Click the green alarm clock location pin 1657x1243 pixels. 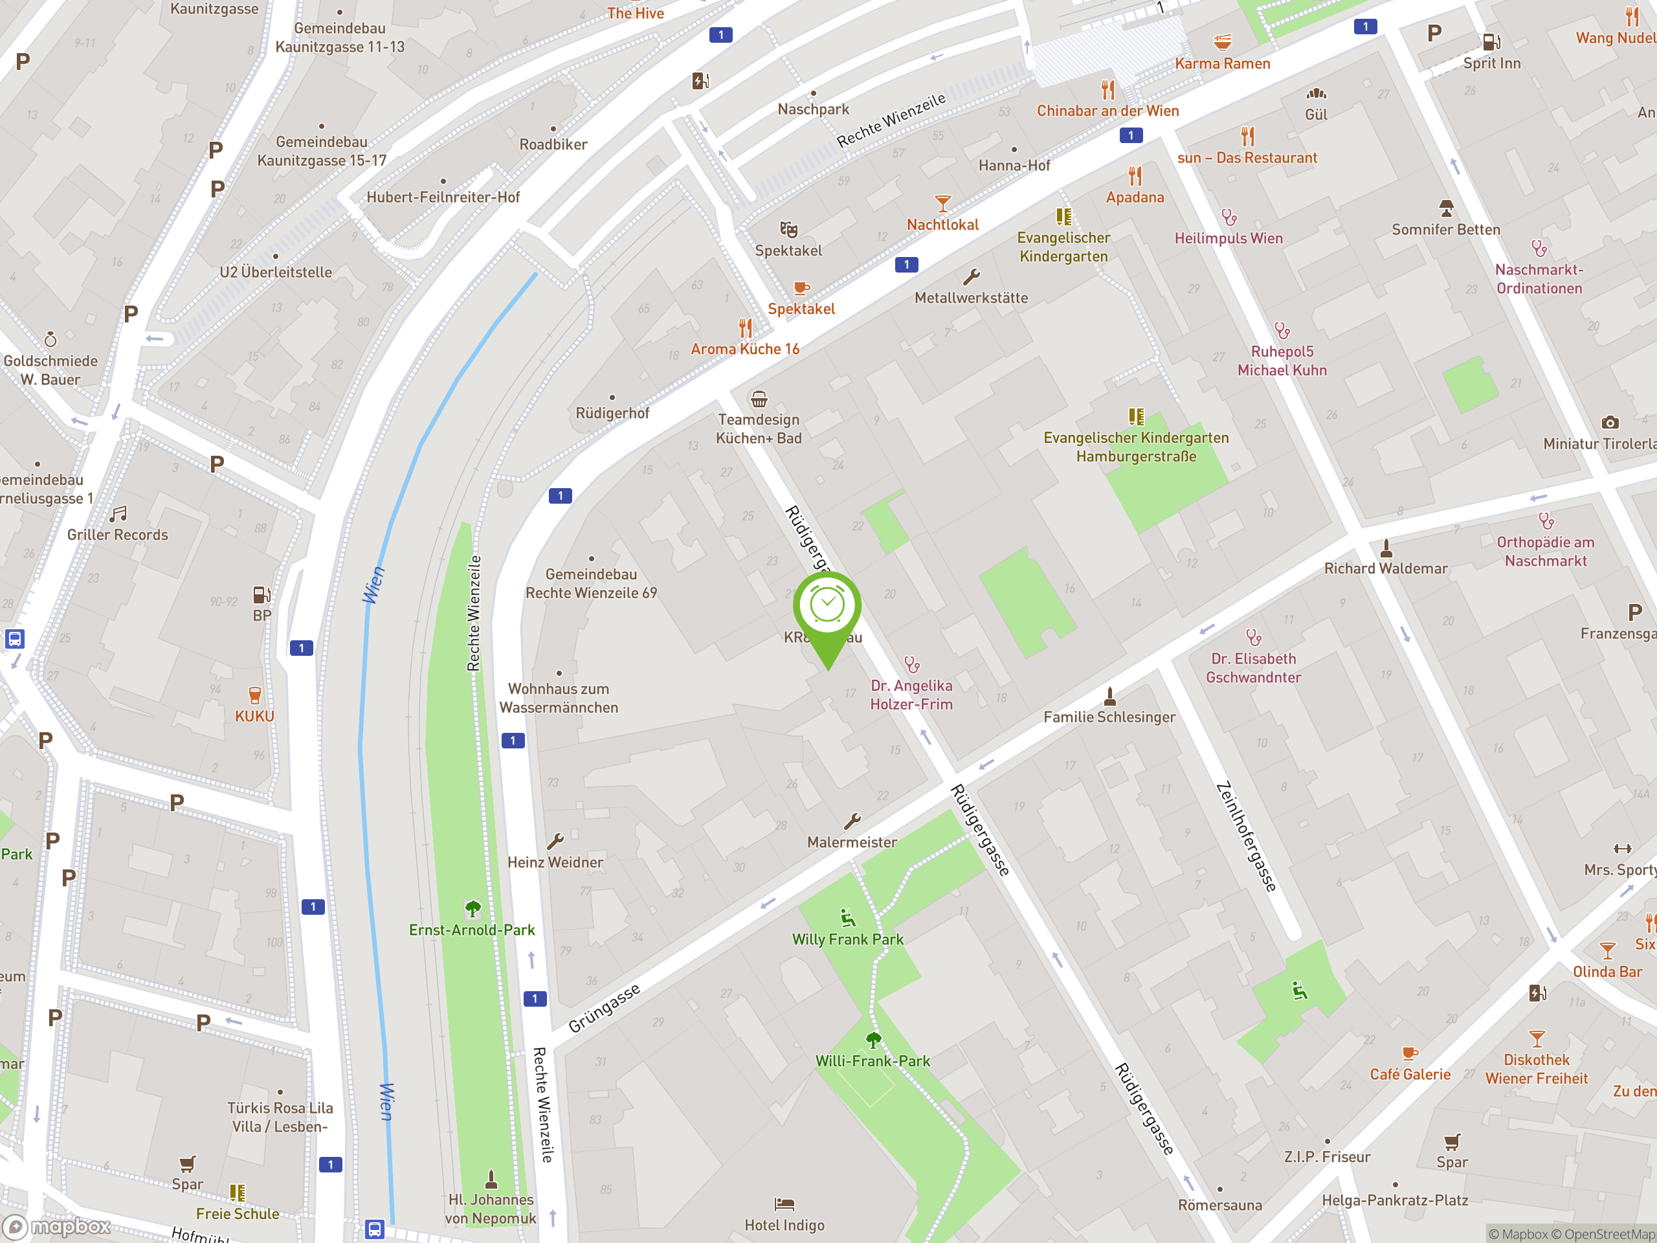click(827, 606)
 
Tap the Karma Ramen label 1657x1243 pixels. click(1222, 63)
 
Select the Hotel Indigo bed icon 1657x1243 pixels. click(784, 1204)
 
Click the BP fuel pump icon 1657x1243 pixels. click(261, 595)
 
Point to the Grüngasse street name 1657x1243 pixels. click(604, 1008)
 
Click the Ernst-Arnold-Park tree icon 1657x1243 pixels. click(473, 909)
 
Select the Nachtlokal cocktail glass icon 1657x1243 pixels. click(942, 203)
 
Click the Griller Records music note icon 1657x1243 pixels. click(118, 514)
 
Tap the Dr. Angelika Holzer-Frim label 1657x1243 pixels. click(911, 695)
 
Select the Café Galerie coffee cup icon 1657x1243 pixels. click(1409, 1053)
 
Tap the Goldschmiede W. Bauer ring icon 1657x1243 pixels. click(50, 339)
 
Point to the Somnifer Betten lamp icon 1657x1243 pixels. click(1446, 208)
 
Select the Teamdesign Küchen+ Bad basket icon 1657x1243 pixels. click(759, 399)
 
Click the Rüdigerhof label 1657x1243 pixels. click(612, 413)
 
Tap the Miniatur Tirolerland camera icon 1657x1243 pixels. click(1609, 423)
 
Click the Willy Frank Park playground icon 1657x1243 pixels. click(847, 918)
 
